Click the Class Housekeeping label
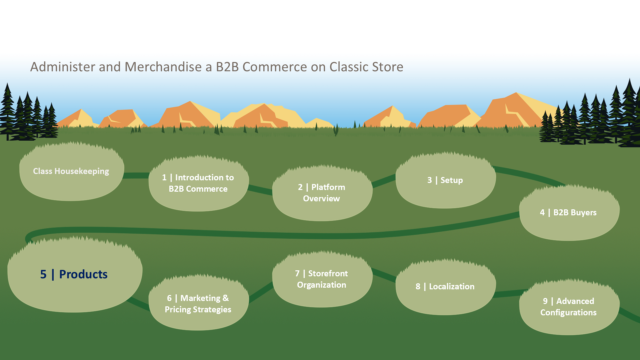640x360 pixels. (x=71, y=171)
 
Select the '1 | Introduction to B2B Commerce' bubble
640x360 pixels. (x=199, y=183)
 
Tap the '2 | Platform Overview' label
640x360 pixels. (x=322, y=193)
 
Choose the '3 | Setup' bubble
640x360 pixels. (x=446, y=180)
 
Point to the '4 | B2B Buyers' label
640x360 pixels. (x=568, y=212)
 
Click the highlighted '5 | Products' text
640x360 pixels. (x=74, y=274)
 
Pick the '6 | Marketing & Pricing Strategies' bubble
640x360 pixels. (x=199, y=303)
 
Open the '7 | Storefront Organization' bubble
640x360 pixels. (x=322, y=279)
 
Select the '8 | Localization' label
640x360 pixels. (x=445, y=286)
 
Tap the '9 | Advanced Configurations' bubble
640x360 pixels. (x=569, y=307)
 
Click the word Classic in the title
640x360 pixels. (x=348, y=67)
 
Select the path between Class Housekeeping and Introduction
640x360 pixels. (x=136, y=175)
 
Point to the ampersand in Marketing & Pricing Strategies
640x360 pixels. (x=226, y=298)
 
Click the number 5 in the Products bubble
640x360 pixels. (x=43, y=274)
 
